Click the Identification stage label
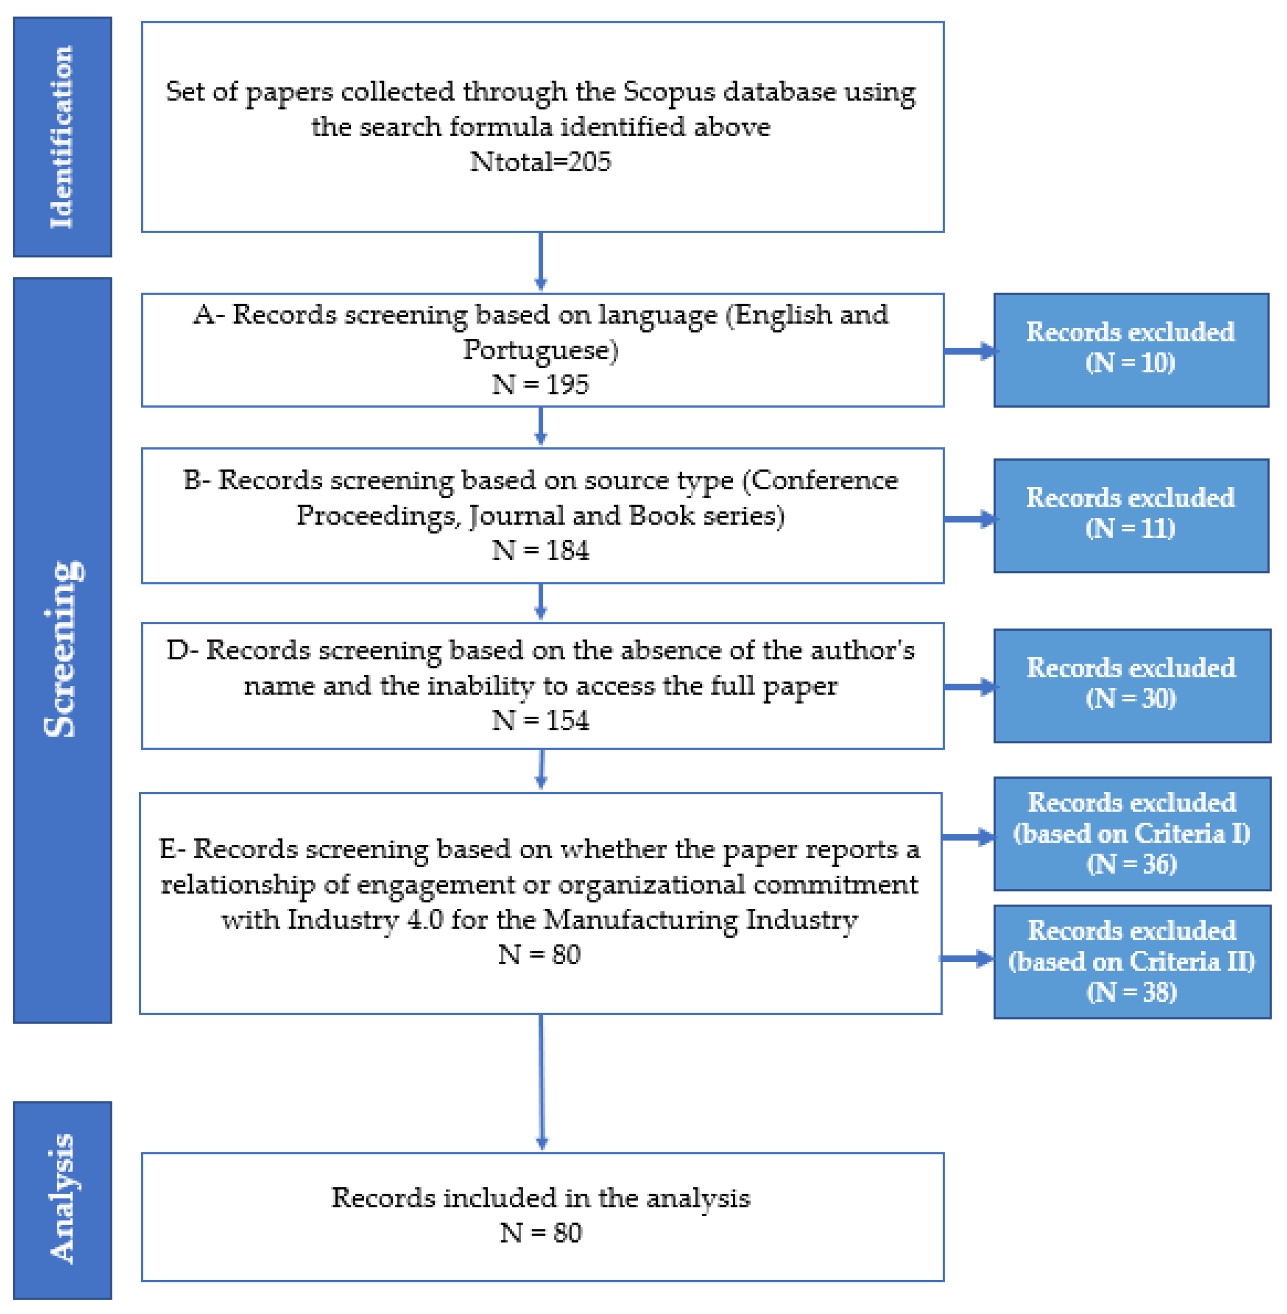(x=61, y=137)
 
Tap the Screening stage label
(x=61, y=649)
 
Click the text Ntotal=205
(x=540, y=162)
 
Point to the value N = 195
(x=540, y=385)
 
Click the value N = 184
(x=540, y=550)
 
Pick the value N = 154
(x=540, y=720)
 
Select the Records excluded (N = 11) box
(x=1130, y=515)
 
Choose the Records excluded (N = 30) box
(x=1132, y=685)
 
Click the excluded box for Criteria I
(x=1132, y=833)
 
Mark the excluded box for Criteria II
(x=1132, y=961)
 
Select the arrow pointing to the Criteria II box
(x=967, y=958)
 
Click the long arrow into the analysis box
(x=541, y=1081)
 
